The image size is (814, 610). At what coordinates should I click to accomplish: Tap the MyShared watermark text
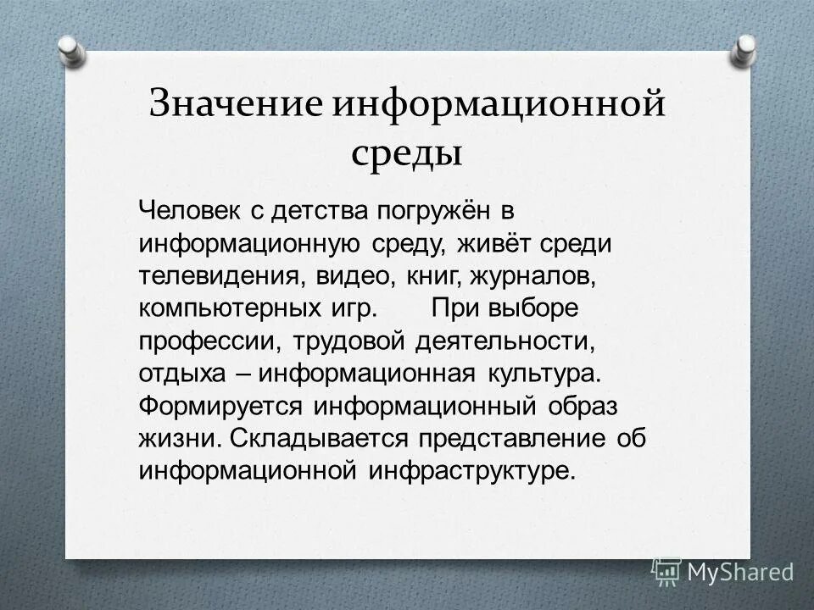tap(740, 571)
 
